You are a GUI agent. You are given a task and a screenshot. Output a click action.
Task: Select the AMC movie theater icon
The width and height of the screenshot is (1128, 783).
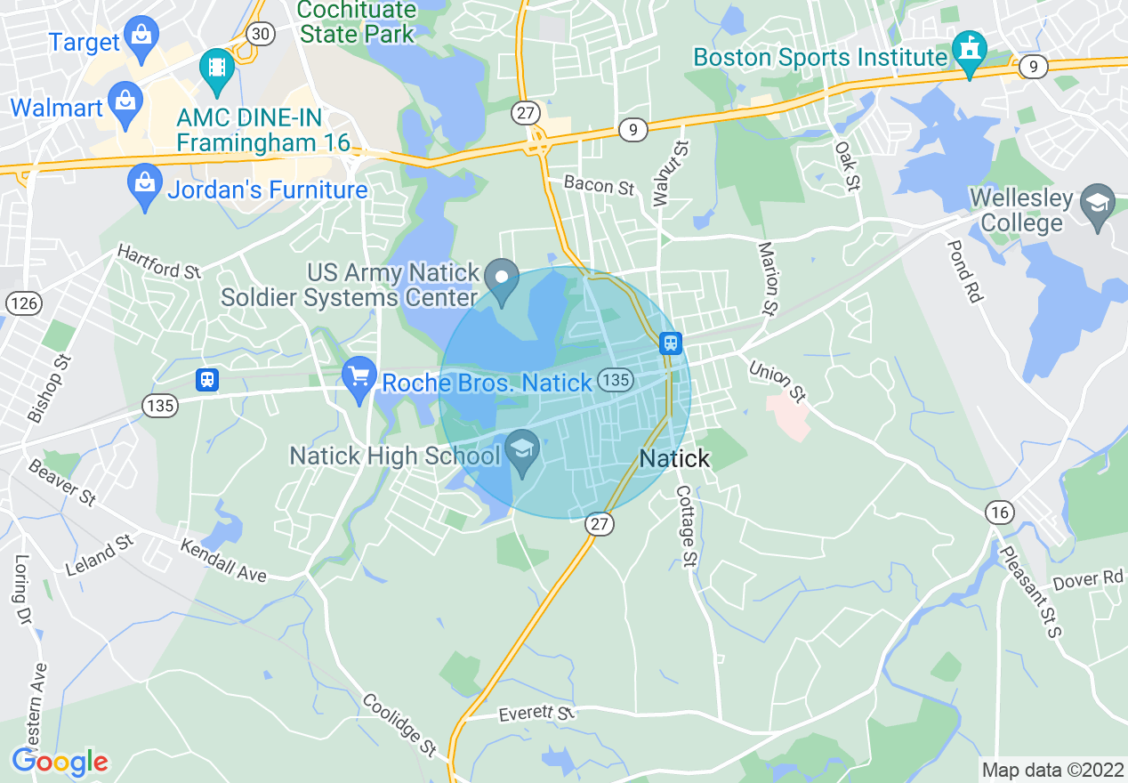[216, 69]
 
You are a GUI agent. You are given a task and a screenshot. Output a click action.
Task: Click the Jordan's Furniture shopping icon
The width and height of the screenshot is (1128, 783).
[143, 186]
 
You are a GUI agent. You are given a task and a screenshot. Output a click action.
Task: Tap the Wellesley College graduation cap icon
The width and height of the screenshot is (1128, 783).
[1097, 208]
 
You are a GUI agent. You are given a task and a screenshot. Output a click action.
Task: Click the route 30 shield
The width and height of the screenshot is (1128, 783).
[262, 34]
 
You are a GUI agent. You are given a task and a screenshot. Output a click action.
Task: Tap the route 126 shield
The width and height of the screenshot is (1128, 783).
[24, 303]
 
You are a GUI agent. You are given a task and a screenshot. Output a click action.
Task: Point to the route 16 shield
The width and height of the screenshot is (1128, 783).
[1000, 512]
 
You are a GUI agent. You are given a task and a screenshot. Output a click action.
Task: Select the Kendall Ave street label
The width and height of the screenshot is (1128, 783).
[223, 560]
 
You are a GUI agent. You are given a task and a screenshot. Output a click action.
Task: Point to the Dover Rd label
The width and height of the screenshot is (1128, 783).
[1088, 580]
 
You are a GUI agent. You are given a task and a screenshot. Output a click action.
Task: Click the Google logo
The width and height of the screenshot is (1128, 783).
[60, 762]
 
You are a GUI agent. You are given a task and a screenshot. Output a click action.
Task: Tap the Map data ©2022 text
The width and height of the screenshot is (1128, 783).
[1051, 770]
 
